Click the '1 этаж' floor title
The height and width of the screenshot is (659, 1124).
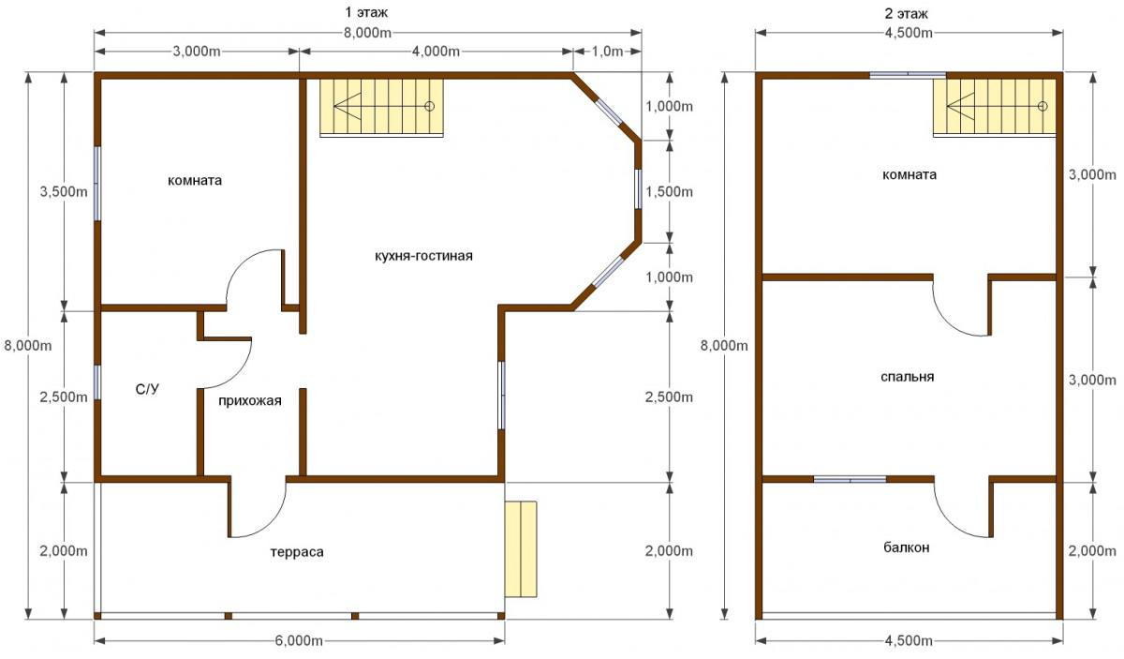click(366, 12)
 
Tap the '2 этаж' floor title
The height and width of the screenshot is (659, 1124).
click(907, 13)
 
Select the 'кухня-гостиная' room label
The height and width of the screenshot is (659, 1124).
click(423, 256)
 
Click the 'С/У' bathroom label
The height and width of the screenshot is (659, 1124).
click(148, 389)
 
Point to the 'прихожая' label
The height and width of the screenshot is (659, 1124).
click(250, 401)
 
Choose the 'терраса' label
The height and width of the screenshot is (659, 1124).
click(297, 552)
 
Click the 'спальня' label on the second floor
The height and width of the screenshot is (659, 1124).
click(908, 377)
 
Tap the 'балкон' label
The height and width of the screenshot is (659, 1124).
click(907, 547)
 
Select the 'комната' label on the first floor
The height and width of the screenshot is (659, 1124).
click(195, 180)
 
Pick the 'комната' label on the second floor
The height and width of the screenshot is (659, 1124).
click(910, 174)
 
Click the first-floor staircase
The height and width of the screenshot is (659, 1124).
click(382, 108)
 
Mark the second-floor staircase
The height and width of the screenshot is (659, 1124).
click(995, 108)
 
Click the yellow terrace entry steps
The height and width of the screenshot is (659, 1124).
click(521, 549)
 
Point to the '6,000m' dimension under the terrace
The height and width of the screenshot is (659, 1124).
click(299, 641)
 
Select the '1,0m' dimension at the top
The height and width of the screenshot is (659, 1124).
click(607, 52)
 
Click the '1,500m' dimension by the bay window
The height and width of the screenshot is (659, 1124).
click(669, 192)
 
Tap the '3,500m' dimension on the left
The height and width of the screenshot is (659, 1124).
click(64, 191)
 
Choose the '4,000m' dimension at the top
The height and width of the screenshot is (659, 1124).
click(436, 52)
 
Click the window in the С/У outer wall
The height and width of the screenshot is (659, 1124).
click(97, 382)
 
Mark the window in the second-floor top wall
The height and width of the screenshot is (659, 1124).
click(908, 75)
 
